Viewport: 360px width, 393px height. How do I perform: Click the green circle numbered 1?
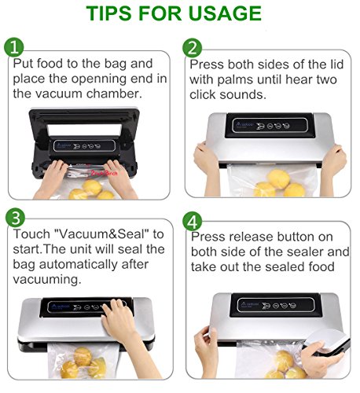[x=14, y=47]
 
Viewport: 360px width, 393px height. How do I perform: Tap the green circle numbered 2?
[x=193, y=48]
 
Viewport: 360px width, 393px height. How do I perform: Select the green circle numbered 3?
[x=15, y=218]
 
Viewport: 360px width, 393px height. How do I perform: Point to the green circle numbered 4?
[x=193, y=222]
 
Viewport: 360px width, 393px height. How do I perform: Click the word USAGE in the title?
[x=225, y=13]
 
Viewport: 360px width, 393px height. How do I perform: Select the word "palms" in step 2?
[x=236, y=79]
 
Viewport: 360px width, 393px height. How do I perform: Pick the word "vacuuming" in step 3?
[x=47, y=280]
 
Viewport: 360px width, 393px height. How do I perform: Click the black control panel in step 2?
[x=270, y=126]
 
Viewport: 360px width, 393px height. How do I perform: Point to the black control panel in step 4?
[x=276, y=305]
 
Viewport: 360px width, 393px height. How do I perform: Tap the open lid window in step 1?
[x=84, y=130]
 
